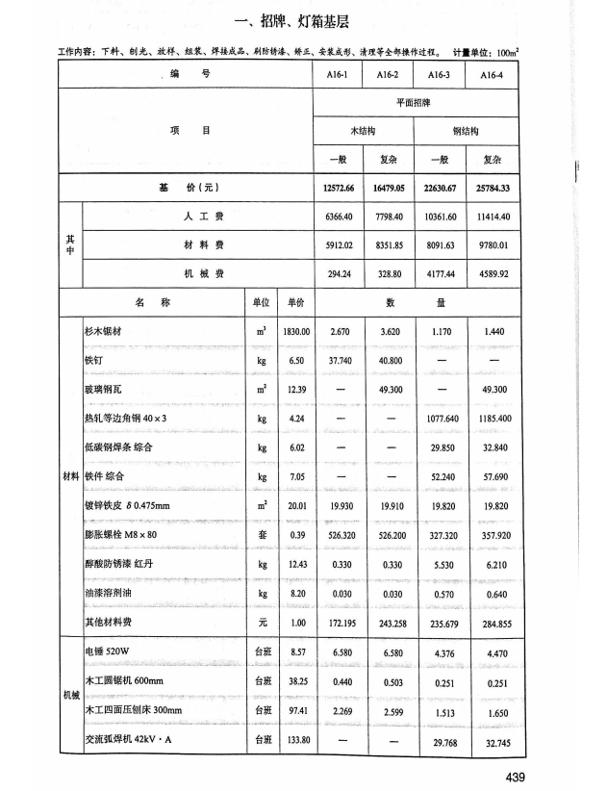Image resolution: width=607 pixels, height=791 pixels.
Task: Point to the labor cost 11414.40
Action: (492, 217)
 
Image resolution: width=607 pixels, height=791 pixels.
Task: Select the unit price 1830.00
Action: (295, 331)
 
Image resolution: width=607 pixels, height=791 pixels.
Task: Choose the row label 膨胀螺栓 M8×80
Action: (120, 535)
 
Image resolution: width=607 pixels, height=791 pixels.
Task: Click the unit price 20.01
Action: (295, 506)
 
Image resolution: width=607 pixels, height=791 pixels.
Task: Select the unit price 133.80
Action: (295, 739)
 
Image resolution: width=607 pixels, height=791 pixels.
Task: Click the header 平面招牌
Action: (416, 103)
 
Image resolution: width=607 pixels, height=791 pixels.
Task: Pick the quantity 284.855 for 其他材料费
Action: (492, 624)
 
